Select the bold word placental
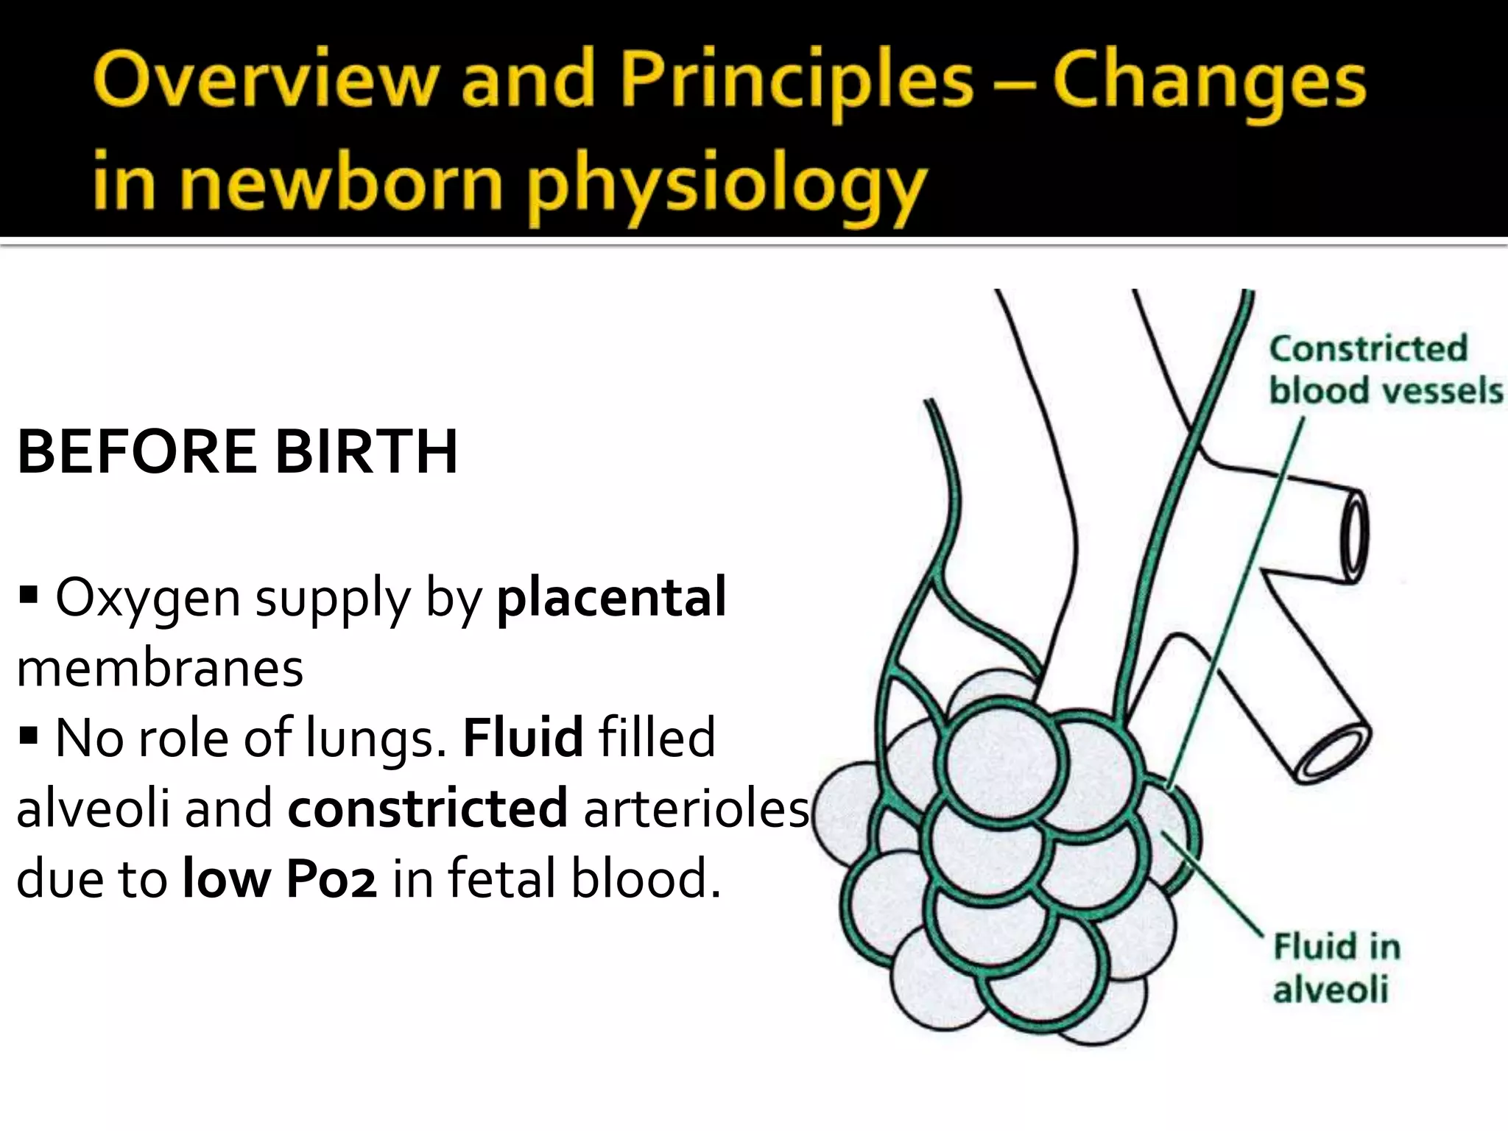click(612, 596)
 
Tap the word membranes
click(160, 668)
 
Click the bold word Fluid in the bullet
click(523, 737)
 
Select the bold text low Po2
click(280, 878)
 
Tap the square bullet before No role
click(29, 734)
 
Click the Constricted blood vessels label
click(1384, 370)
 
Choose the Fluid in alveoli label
click(1336, 968)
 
